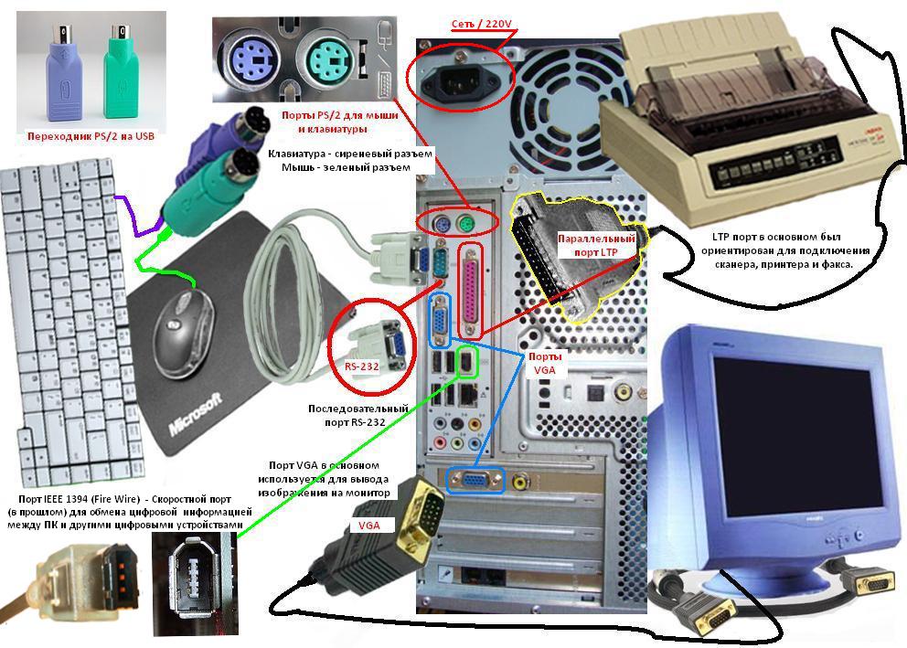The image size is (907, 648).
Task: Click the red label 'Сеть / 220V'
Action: pyautogui.click(x=481, y=25)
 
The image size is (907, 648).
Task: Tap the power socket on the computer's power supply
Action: pyautogui.click(x=461, y=80)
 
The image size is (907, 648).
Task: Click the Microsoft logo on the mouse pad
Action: pyautogui.click(x=196, y=414)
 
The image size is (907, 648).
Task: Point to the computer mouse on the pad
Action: pyautogui.click(x=183, y=335)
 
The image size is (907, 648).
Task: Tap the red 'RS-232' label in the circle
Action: pyautogui.click(x=361, y=366)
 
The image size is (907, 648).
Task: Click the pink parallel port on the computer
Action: pyautogui.click(x=471, y=290)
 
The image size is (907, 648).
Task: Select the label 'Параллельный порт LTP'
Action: pyautogui.click(x=596, y=245)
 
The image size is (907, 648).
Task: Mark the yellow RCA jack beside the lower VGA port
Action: pyautogui.click(x=521, y=481)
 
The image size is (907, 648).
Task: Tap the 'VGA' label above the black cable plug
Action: pyautogui.click(x=369, y=525)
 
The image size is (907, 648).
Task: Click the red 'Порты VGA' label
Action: pyautogui.click(x=544, y=363)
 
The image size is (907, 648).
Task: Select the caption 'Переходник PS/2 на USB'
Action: pyautogui.click(x=91, y=136)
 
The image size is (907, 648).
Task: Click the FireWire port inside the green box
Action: pyautogui.click(x=466, y=363)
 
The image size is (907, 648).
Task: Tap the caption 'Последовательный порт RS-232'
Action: pyautogui.click(x=358, y=415)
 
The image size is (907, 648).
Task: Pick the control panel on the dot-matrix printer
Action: pyautogui.click(x=775, y=160)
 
